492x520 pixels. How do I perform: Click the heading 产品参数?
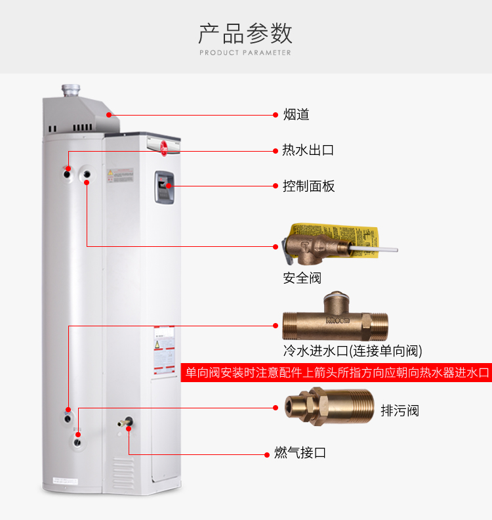(245, 33)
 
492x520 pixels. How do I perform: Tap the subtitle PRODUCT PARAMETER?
(245, 53)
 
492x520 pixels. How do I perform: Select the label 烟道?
(296, 115)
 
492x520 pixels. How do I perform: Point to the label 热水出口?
(308, 150)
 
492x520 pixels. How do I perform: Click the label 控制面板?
(308, 186)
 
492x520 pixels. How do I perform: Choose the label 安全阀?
(302, 278)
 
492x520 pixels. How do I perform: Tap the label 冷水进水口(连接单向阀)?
(352, 350)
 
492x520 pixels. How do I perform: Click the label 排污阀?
(400, 411)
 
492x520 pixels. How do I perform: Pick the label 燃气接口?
(300, 453)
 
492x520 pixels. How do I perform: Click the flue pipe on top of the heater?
(70, 89)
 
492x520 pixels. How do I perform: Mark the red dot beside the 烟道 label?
(276, 115)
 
